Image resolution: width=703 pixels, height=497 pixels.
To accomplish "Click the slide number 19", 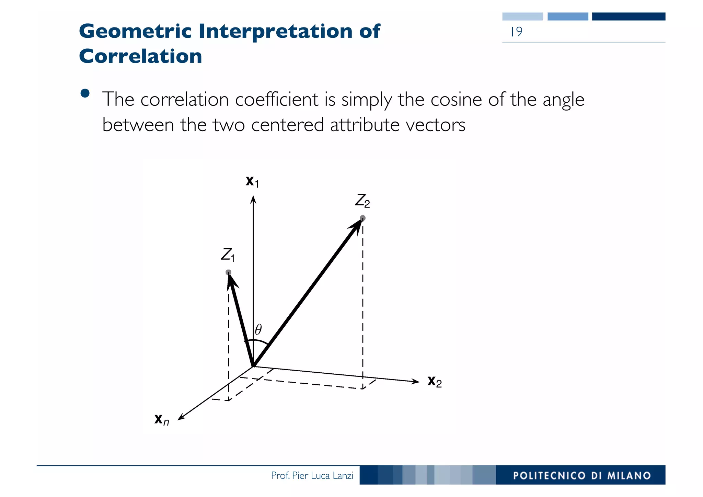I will tap(516, 32).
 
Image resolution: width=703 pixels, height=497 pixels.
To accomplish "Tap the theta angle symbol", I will tap(258, 329).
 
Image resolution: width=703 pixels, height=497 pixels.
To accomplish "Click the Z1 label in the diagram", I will tap(228, 255).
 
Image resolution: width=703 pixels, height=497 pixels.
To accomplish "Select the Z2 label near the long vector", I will tap(362, 201).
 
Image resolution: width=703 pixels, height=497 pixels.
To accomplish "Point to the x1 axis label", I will tap(252, 181).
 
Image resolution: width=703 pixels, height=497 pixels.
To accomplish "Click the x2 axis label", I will tap(434, 381).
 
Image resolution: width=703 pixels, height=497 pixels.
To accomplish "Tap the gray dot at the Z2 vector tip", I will tap(362, 218).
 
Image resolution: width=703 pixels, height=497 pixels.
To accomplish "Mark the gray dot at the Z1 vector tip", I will tap(228, 272).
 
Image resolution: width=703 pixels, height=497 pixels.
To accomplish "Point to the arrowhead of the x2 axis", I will tap(416, 381).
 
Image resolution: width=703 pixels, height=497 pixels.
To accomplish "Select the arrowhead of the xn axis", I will tap(181, 417).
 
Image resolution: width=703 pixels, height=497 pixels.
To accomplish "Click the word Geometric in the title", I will tap(135, 31).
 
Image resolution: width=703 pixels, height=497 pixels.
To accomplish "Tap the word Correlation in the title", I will tap(140, 56).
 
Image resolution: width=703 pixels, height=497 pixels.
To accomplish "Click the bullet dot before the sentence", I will tap(85, 93).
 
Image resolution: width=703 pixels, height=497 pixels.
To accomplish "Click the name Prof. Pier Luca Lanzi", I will tap(312, 475).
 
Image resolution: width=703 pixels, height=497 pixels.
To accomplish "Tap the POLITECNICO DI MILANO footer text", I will tap(582, 475).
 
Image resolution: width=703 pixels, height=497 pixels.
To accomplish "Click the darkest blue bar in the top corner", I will tap(629, 16).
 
